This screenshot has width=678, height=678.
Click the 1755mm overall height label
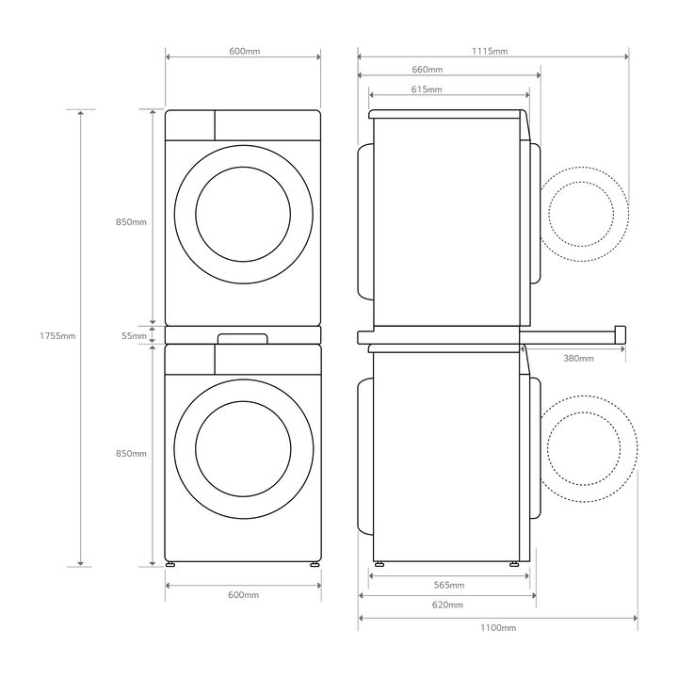57,335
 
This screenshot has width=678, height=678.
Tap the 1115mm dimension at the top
491,51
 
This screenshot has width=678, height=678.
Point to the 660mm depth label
427,70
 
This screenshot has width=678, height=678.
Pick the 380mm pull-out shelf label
578,359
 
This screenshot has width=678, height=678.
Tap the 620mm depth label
447,605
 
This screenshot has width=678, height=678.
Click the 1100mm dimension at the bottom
497,627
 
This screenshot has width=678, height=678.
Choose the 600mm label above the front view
244,51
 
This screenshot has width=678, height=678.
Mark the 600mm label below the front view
243,595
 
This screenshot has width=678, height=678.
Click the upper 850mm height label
131,222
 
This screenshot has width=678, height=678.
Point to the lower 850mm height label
131,454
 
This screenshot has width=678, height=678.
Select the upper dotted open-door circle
585,213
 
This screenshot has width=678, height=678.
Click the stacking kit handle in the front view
243,336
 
